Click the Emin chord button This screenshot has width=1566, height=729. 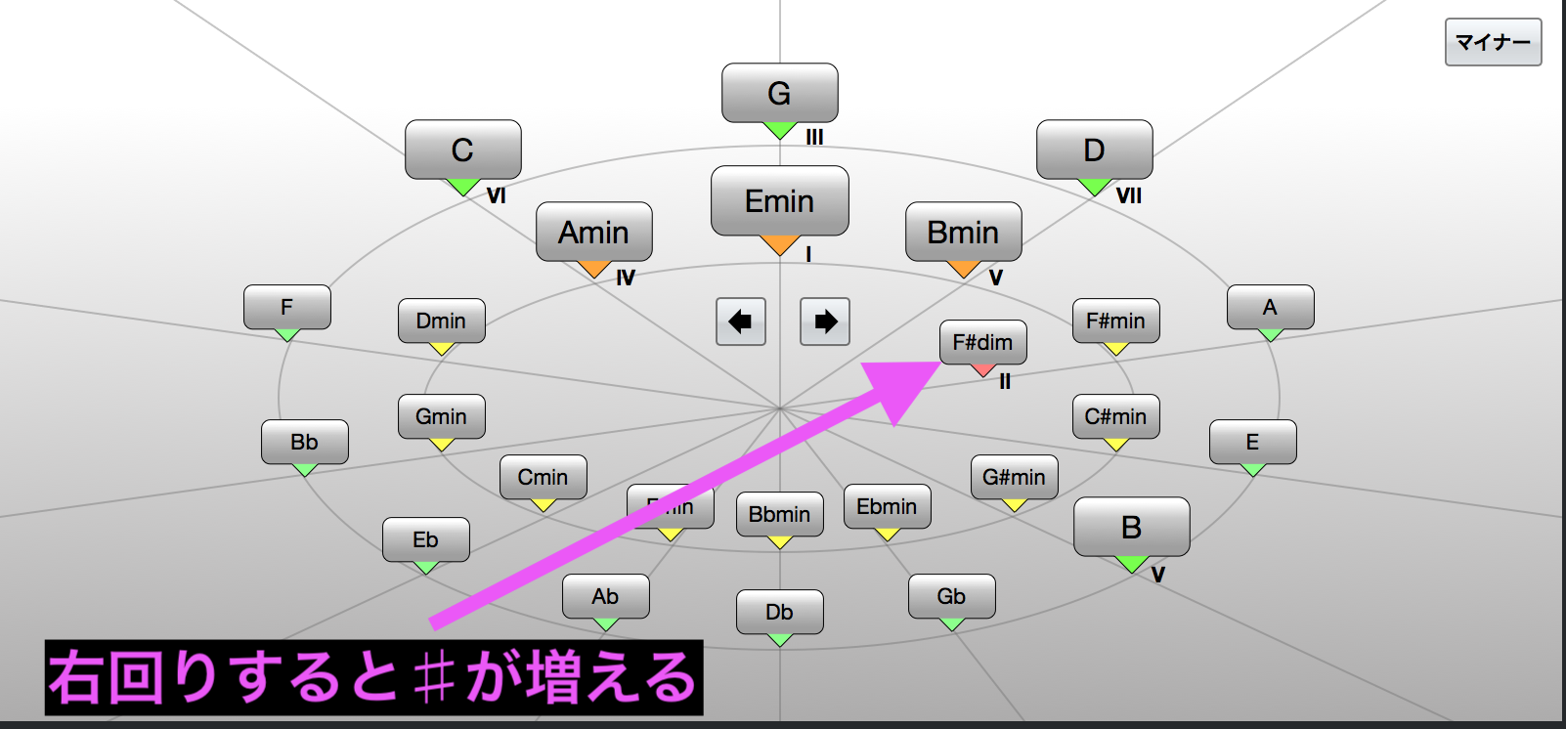tap(779, 200)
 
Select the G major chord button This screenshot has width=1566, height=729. tap(779, 93)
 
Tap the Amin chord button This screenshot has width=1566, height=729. tap(593, 232)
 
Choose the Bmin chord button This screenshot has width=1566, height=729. tap(963, 232)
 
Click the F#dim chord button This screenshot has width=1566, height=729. tap(982, 342)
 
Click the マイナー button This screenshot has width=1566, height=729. tap(1493, 42)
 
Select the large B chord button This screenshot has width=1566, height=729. tap(1131, 527)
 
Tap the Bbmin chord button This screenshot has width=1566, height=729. tap(779, 514)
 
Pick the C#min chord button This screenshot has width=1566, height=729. tap(1115, 416)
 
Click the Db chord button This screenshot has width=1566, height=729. tap(779, 612)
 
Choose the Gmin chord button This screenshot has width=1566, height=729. tap(441, 416)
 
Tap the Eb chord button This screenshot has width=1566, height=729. tap(425, 539)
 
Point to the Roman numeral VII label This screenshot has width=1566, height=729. tap(1129, 195)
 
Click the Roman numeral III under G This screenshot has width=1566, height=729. tap(814, 138)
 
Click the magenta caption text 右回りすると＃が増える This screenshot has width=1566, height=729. tap(373, 677)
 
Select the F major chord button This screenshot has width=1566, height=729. tap(286, 307)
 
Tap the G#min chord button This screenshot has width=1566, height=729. tap(1014, 477)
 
